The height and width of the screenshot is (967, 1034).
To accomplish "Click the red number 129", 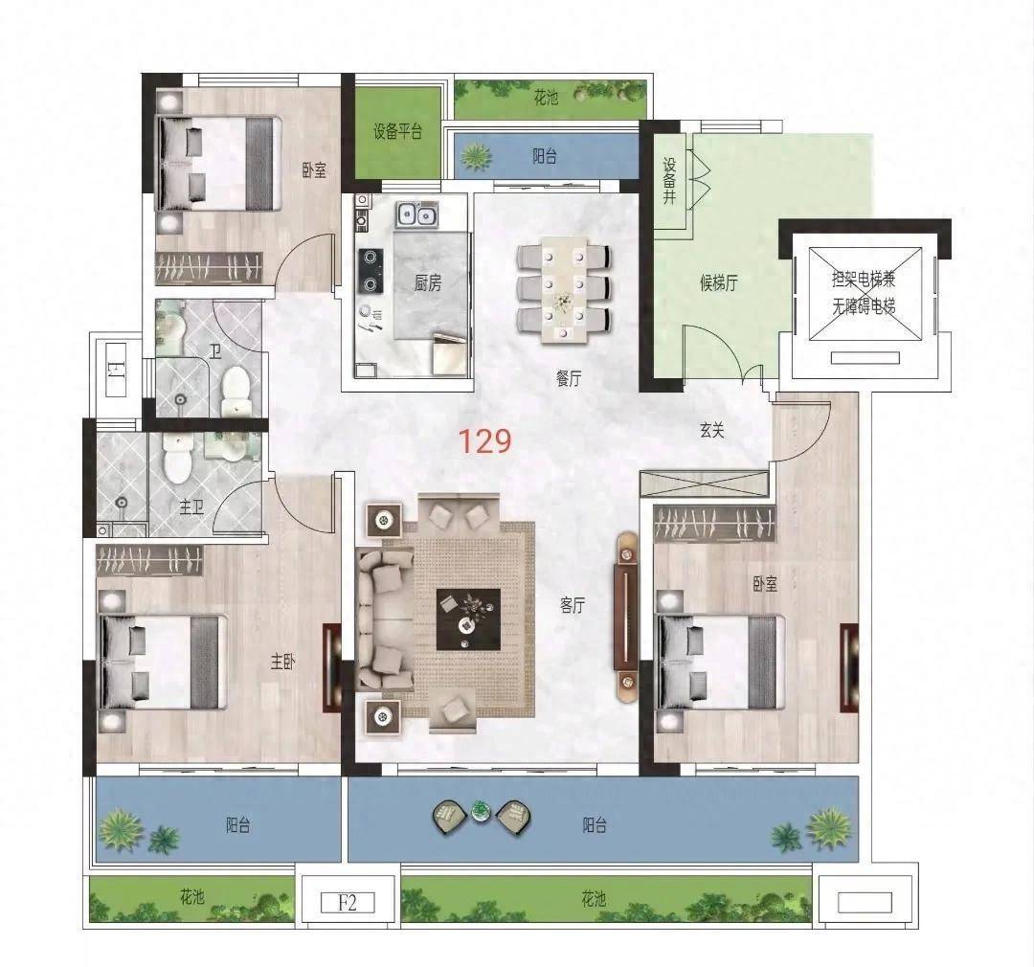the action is point(484,441).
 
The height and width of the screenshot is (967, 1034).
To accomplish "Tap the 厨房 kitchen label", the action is point(428,283).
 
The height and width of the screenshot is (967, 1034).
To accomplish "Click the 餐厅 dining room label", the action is point(569,378).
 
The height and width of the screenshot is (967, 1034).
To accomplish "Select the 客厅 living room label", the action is point(573,605).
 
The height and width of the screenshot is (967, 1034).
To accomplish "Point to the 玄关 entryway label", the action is point(712,430).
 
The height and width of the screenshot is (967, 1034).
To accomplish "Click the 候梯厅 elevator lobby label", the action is point(719,283).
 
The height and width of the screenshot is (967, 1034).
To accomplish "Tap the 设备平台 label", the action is point(397,131).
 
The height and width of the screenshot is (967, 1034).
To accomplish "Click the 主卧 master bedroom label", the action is point(282,662).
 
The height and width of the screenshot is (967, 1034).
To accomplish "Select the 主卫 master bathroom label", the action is point(191,507).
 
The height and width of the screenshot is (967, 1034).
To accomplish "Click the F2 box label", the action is point(348,902).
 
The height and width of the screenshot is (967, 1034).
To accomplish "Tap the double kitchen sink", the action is point(417,215).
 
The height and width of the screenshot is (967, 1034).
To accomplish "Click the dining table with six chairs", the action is point(564,289).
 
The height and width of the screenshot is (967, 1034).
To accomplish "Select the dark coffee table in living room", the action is point(468,619).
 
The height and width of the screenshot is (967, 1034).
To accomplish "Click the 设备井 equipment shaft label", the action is point(670,180).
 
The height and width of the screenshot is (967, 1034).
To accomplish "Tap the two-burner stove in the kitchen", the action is point(371,270).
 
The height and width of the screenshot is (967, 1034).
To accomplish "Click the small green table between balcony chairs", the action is point(482,811).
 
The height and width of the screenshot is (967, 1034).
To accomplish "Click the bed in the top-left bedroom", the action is point(217,165).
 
